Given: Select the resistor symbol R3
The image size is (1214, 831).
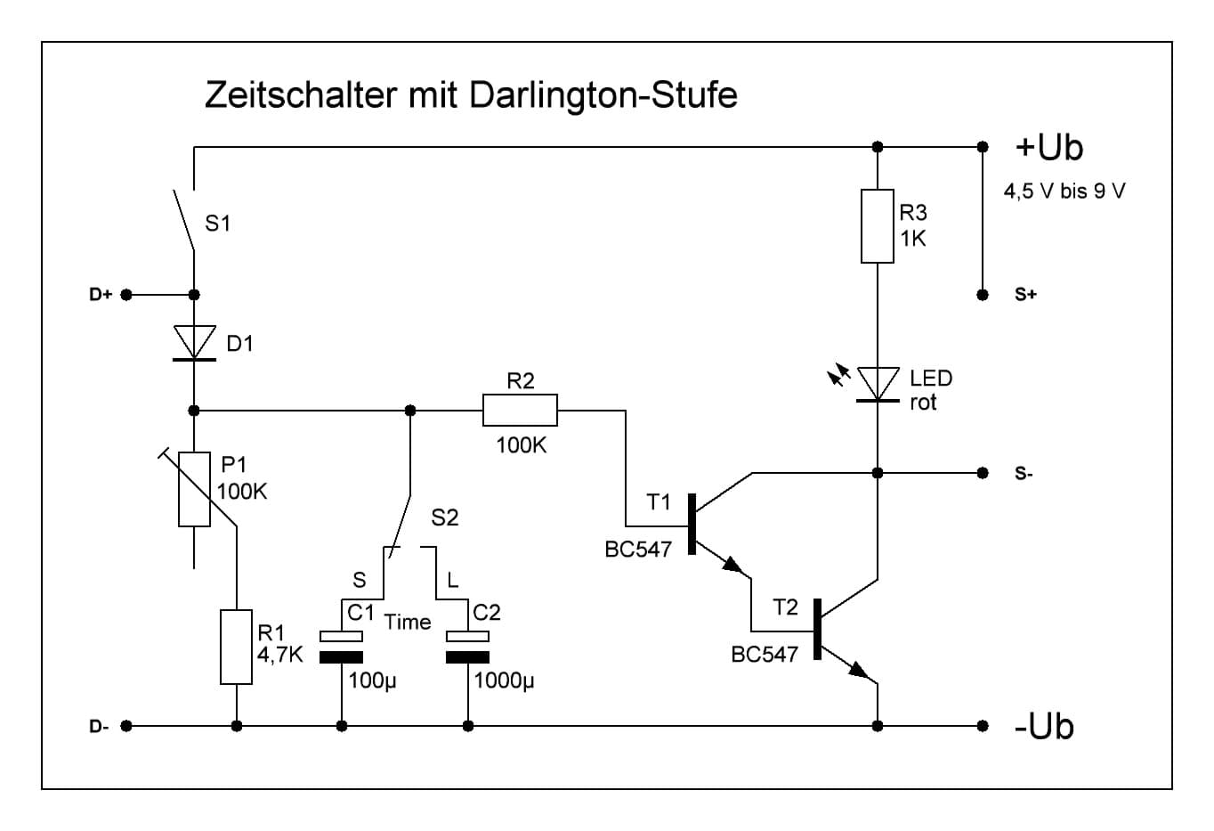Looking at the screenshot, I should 877,226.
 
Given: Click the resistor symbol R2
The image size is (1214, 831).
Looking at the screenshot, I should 520,411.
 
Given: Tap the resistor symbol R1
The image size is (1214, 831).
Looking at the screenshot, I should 236,647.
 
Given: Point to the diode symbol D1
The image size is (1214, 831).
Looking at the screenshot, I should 194,344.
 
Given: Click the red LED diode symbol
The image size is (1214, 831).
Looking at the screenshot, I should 877,385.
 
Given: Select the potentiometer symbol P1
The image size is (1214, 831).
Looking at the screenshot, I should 194,490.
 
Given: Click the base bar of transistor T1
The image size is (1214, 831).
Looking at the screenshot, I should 692,525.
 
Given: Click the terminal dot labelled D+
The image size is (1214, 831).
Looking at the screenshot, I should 126,295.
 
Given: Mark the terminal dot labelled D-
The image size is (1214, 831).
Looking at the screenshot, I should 126,726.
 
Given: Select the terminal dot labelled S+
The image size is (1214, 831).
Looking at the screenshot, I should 983,295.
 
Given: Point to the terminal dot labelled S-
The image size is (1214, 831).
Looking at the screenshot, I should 983,472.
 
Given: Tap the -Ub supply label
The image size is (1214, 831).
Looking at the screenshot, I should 1044,727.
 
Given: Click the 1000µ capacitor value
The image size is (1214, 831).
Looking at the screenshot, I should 504,682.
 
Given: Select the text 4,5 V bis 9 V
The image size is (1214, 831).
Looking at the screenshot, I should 1064,191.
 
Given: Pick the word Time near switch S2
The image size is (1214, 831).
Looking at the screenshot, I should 408,623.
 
